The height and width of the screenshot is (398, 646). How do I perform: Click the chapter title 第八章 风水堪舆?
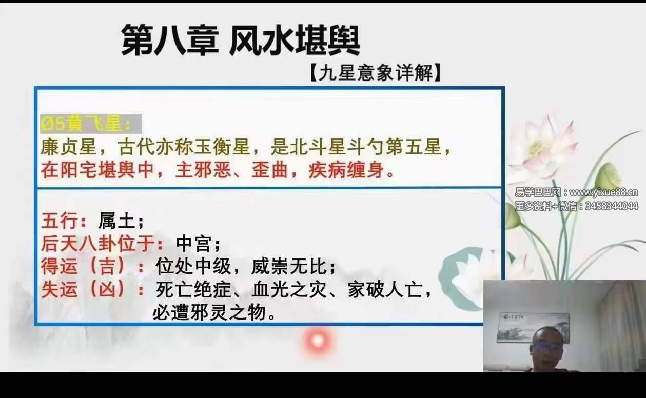(x=240, y=41)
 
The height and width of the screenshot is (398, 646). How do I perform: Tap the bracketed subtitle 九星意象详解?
(x=375, y=74)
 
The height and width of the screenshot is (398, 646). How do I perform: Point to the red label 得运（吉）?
(x=91, y=267)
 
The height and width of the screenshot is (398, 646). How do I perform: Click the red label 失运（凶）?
(x=91, y=290)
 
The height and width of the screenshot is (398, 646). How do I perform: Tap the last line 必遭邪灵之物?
(x=214, y=312)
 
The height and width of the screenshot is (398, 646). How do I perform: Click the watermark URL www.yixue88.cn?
(x=604, y=193)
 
